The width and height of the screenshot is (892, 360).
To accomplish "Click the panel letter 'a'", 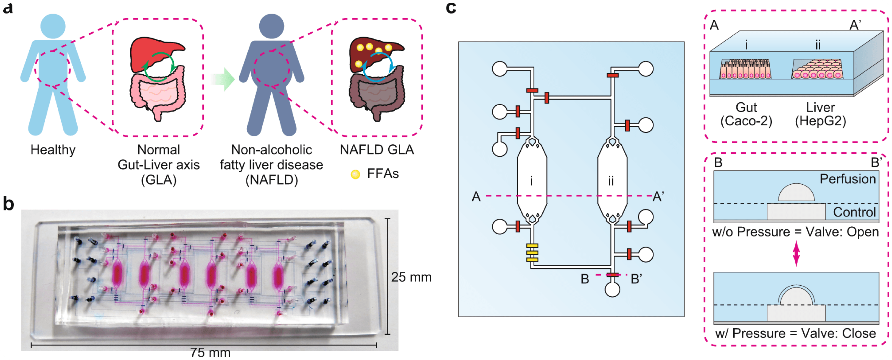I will (8, 8).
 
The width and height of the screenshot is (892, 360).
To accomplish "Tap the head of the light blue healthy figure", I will (53, 26).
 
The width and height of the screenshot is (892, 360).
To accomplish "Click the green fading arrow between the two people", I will (224, 79).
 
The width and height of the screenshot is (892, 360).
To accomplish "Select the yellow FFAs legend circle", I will (355, 174).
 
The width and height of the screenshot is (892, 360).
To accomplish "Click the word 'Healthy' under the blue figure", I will (53, 150).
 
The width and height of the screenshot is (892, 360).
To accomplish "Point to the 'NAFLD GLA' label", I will (377, 150).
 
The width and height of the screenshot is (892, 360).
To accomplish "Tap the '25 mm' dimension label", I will (411, 277).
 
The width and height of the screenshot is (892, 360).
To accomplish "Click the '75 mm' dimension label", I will (210, 352).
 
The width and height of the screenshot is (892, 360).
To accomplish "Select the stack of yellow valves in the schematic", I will (532, 253).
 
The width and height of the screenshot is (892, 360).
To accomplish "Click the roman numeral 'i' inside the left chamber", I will (532, 181).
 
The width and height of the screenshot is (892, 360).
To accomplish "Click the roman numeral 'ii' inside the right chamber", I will (611, 181).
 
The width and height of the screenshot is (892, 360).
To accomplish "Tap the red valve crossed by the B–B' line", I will (612, 275).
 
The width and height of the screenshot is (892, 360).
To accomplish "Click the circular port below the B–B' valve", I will (612, 289).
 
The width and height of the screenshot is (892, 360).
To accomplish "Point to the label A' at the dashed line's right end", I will (658, 197).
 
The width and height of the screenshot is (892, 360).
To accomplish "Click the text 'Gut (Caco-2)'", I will (746, 114).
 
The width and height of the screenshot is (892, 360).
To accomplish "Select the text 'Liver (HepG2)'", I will (820, 114).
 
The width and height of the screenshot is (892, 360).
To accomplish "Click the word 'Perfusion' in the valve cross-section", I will (847, 179).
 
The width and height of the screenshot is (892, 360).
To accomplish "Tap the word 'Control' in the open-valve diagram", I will (854, 212).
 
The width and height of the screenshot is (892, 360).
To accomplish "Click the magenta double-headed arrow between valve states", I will (796, 254).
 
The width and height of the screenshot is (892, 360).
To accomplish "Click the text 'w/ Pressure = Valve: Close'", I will (795, 333).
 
